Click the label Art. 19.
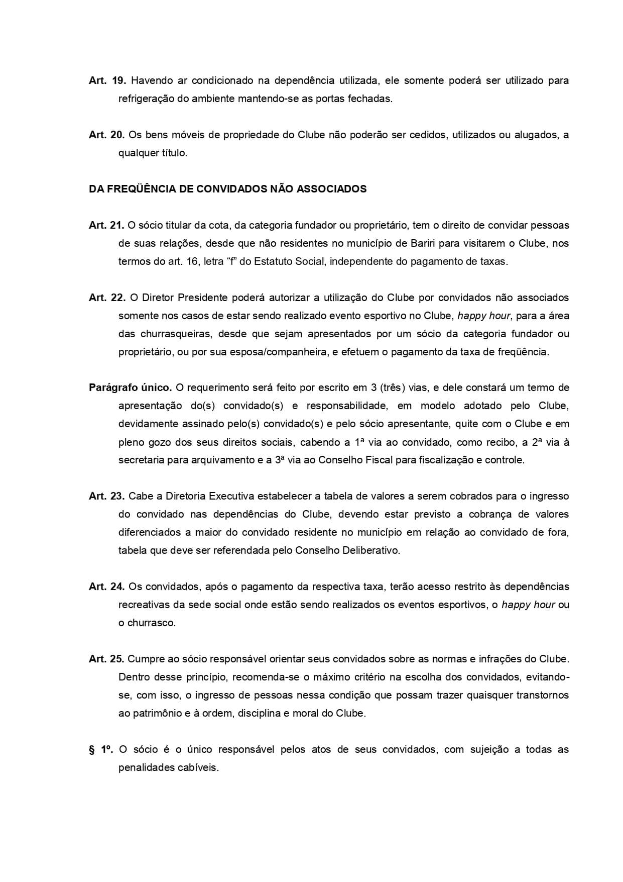107,80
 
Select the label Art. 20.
107,135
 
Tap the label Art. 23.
107,496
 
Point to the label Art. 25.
107,659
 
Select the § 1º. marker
101,749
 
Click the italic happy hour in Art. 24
528,605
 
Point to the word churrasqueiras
175,334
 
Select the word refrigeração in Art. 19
146,99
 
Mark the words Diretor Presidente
182,298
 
